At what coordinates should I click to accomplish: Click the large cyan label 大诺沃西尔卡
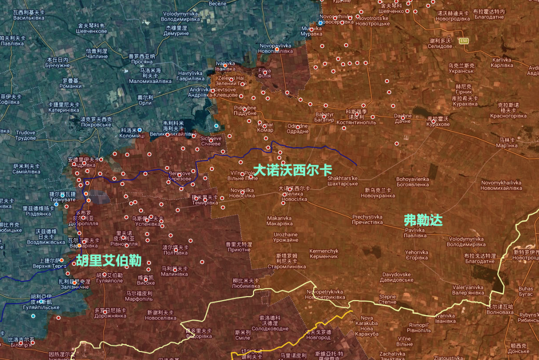(293, 170)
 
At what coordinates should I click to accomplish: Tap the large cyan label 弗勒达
(423, 220)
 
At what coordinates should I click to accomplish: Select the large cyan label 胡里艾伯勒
(108, 261)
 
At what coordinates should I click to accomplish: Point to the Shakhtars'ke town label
(343, 181)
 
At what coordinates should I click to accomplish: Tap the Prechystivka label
(367, 220)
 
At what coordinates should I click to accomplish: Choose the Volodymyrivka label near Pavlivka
(466, 242)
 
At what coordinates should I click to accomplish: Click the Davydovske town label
(397, 277)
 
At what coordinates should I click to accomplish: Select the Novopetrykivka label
(325, 294)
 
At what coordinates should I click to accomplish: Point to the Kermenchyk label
(324, 253)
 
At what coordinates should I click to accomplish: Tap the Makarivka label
(279, 221)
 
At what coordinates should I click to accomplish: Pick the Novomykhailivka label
(502, 185)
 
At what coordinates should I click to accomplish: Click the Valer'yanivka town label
(468, 290)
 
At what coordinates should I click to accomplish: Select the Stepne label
(388, 299)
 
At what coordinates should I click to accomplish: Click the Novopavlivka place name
(275, 48)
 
